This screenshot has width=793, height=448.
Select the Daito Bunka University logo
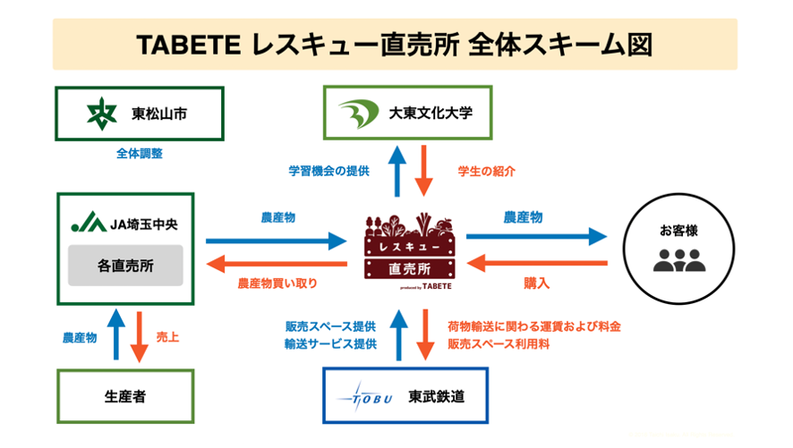click(359, 114)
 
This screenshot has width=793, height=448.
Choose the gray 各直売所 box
click(125, 266)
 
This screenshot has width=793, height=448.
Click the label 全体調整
click(139, 154)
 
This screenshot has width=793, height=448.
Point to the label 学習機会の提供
click(328, 170)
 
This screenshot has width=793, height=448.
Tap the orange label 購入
click(536, 283)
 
